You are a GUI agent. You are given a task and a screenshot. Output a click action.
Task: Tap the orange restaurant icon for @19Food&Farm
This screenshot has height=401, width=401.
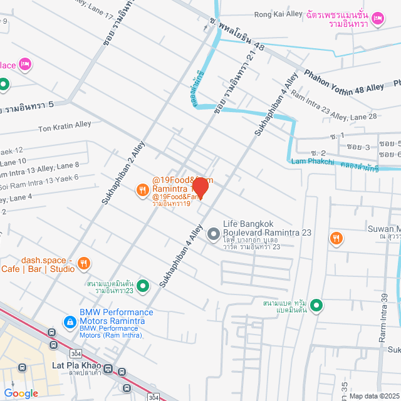[x=143, y=189]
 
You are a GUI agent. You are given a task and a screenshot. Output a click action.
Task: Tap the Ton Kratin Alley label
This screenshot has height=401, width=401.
[x=65, y=125]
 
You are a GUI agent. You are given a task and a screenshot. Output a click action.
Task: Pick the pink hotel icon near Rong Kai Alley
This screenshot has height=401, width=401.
[x=378, y=18]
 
